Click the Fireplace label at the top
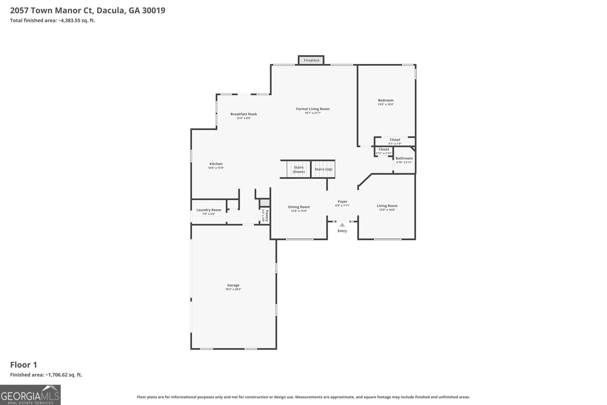(x=311, y=60)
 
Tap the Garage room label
(x=233, y=285)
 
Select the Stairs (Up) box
(x=323, y=169)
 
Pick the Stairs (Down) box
(x=299, y=169)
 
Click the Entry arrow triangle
(x=342, y=225)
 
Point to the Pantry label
(x=267, y=216)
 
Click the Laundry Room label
(x=209, y=210)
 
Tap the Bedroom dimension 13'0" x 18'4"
(x=385, y=104)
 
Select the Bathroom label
(x=404, y=158)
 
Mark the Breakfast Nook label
(x=244, y=114)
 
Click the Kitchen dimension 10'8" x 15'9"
(x=216, y=168)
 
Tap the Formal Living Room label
(x=313, y=109)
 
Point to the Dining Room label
(x=299, y=207)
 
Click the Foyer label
(x=342, y=202)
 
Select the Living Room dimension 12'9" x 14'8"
(x=387, y=210)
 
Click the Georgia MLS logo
(x=30, y=395)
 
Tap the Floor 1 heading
(x=24, y=365)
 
